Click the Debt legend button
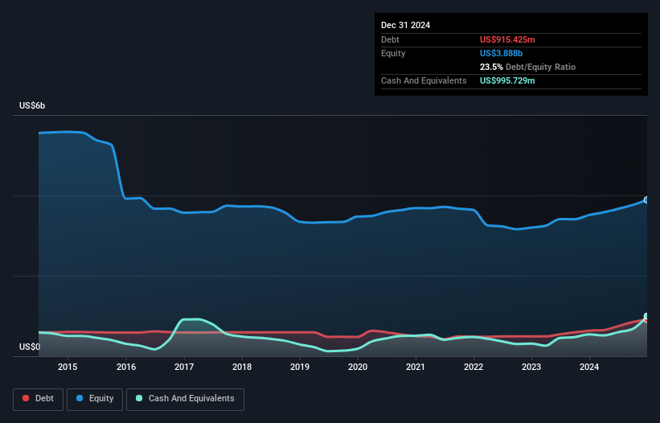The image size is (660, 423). [x=37, y=399]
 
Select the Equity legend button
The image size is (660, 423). [x=96, y=399]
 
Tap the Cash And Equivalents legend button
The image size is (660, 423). [x=185, y=399]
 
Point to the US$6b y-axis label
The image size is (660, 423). [x=33, y=106]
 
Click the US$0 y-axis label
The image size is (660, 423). [x=30, y=347]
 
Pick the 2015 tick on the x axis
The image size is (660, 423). [x=68, y=368]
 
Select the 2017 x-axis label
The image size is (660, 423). [x=184, y=368]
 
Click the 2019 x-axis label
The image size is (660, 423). [x=300, y=368]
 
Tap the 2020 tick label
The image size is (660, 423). [x=358, y=368]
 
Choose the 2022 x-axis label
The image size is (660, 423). [x=473, y=368]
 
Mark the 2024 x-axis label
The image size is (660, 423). [x=589, y=368]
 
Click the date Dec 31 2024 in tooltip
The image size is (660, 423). [x=406, y=25]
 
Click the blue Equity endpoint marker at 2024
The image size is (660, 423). [x=646, y=199]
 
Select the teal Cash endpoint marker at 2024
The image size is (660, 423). [x=646, y=317]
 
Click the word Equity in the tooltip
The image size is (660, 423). [x=393, y=53]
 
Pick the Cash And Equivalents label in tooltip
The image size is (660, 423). [x=424, y=80]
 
